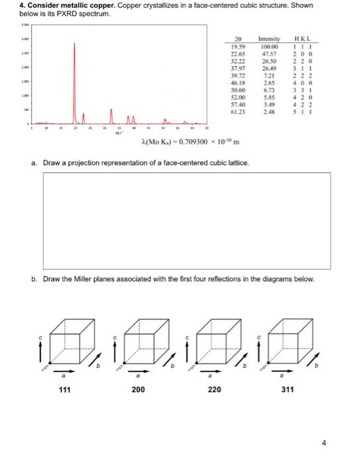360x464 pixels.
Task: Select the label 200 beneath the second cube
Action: tap(138, 390)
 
